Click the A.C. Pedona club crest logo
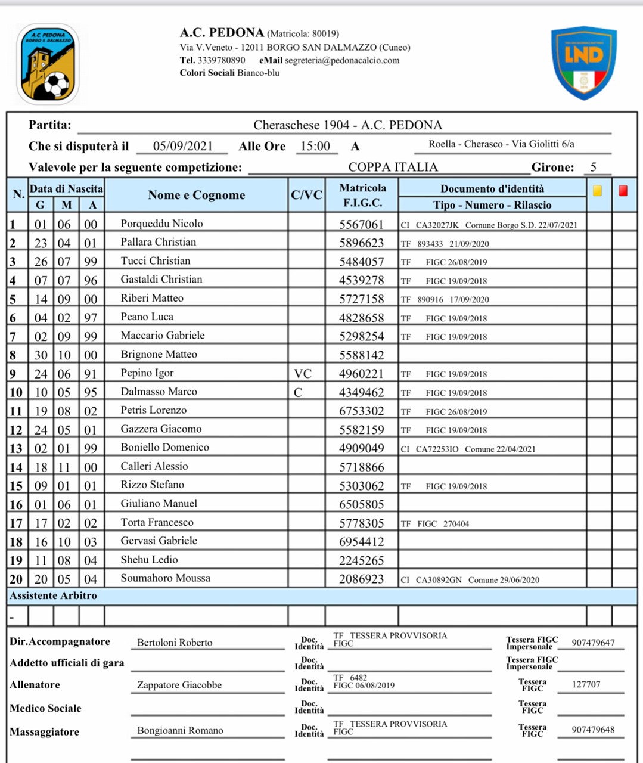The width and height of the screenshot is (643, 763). point(48,64)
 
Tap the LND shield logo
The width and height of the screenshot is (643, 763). point(583,62)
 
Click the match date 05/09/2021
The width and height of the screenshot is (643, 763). point(182,146)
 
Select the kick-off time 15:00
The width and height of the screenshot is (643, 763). point(315,146)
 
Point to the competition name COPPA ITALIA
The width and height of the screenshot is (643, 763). point(393,167)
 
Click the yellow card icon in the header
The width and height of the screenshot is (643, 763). point(597,191)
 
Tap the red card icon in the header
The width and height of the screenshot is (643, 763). point(623,191)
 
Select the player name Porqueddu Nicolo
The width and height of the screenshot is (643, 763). point(161,224)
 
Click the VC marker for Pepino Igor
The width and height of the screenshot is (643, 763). point(303,374)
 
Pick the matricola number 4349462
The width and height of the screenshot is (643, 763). point(361,393)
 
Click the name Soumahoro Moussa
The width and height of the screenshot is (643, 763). point(165,578)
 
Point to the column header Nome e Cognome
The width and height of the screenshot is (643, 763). point(196,195)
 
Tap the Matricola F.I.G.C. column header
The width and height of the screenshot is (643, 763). point(362,195)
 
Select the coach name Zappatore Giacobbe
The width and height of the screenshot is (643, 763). point(179,685)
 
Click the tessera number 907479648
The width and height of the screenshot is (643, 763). point(593,730)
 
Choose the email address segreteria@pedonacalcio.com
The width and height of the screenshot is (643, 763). point(341,60)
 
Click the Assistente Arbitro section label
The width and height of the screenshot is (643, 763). point(53,595)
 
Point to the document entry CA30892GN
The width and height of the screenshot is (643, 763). point(439,579)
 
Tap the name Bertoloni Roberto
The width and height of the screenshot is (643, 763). point(175,643)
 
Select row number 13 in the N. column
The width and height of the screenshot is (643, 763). point(15,448)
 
